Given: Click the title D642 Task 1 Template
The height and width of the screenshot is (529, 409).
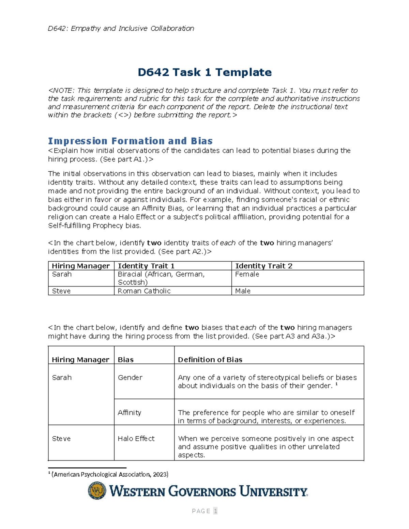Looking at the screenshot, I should (204, 72).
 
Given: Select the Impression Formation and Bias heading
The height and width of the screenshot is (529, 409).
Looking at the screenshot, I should (130, 141).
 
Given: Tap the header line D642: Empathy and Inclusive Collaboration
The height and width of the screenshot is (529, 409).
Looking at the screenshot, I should (121, 28).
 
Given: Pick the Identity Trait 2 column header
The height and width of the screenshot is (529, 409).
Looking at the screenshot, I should (263, 266).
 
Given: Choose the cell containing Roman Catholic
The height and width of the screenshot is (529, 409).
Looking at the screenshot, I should (144, 291).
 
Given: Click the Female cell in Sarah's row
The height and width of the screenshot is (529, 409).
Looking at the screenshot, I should (247, 275).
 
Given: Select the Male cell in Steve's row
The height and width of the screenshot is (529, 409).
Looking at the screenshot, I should (243, 291).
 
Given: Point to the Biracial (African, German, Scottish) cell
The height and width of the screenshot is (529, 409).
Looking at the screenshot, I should (161, 278).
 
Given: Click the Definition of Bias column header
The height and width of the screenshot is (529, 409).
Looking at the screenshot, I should (210, 360).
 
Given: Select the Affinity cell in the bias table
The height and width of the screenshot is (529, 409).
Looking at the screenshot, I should (129, 413).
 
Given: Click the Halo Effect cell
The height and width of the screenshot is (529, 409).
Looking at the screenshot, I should (136, 438).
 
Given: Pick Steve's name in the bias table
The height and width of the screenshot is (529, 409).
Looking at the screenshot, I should (61, 439).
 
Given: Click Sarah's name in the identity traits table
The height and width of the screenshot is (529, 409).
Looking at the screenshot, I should (62, 275).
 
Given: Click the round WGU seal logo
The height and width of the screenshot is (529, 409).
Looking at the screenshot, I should (97, 491).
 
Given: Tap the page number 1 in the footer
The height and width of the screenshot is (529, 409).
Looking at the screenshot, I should (215, 511).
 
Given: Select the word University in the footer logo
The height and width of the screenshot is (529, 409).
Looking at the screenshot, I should (273, 492).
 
